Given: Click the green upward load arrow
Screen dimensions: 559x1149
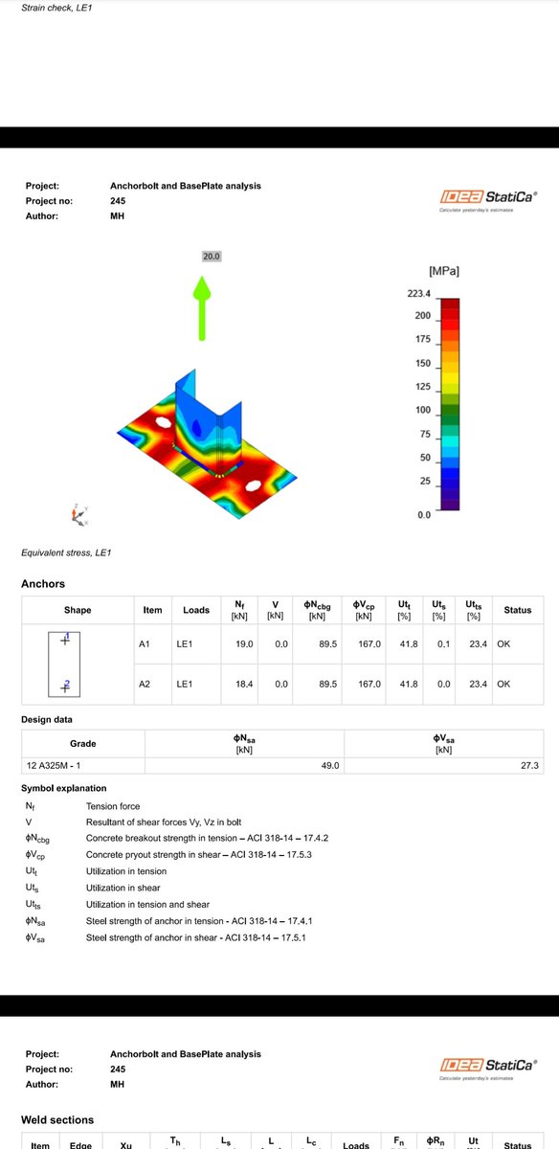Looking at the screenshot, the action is (x=202, y=307).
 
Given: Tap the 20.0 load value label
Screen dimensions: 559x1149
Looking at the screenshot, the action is (x=212, y=257).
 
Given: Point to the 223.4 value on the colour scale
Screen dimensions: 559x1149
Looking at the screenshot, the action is (x=419, y=294).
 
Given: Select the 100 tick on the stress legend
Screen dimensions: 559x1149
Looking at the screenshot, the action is (x=422, y=410).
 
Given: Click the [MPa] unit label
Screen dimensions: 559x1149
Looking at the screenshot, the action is (x=444, y=272).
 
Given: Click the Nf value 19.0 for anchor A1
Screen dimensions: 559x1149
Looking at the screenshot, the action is (x=244, y=644).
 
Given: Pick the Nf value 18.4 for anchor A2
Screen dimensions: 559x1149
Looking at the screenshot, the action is (x=244, y=685).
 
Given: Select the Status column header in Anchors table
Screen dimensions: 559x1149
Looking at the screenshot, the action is (x=518, y=610).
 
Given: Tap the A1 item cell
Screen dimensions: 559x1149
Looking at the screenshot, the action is (x=145, y=644).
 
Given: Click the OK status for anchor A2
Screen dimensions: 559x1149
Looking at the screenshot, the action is (x=504, y=685).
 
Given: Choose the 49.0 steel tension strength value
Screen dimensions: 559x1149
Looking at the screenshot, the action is (x=328, y=765).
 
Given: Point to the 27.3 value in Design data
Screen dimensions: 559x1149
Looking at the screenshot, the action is (x=528, y=765).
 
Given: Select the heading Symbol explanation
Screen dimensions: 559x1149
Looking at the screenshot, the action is (x=64, y=788).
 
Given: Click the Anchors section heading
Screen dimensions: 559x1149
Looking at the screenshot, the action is (x=43, y=583).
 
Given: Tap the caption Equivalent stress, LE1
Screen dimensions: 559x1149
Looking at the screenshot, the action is (x=67, y=552).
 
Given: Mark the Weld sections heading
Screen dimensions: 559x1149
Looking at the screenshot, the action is (x=57, y=1119).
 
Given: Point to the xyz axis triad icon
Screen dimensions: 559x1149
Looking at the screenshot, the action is (x=78, y=514).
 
